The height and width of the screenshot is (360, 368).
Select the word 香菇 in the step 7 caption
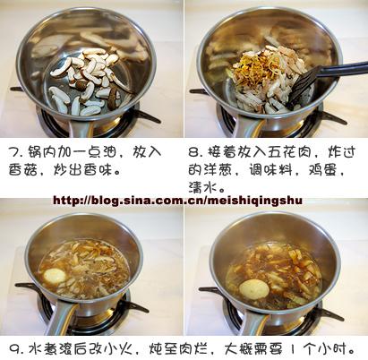(x=24, y=169)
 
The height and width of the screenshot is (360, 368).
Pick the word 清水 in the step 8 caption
(x=204, y=185)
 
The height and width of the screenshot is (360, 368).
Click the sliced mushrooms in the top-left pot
(x=85, y=76)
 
